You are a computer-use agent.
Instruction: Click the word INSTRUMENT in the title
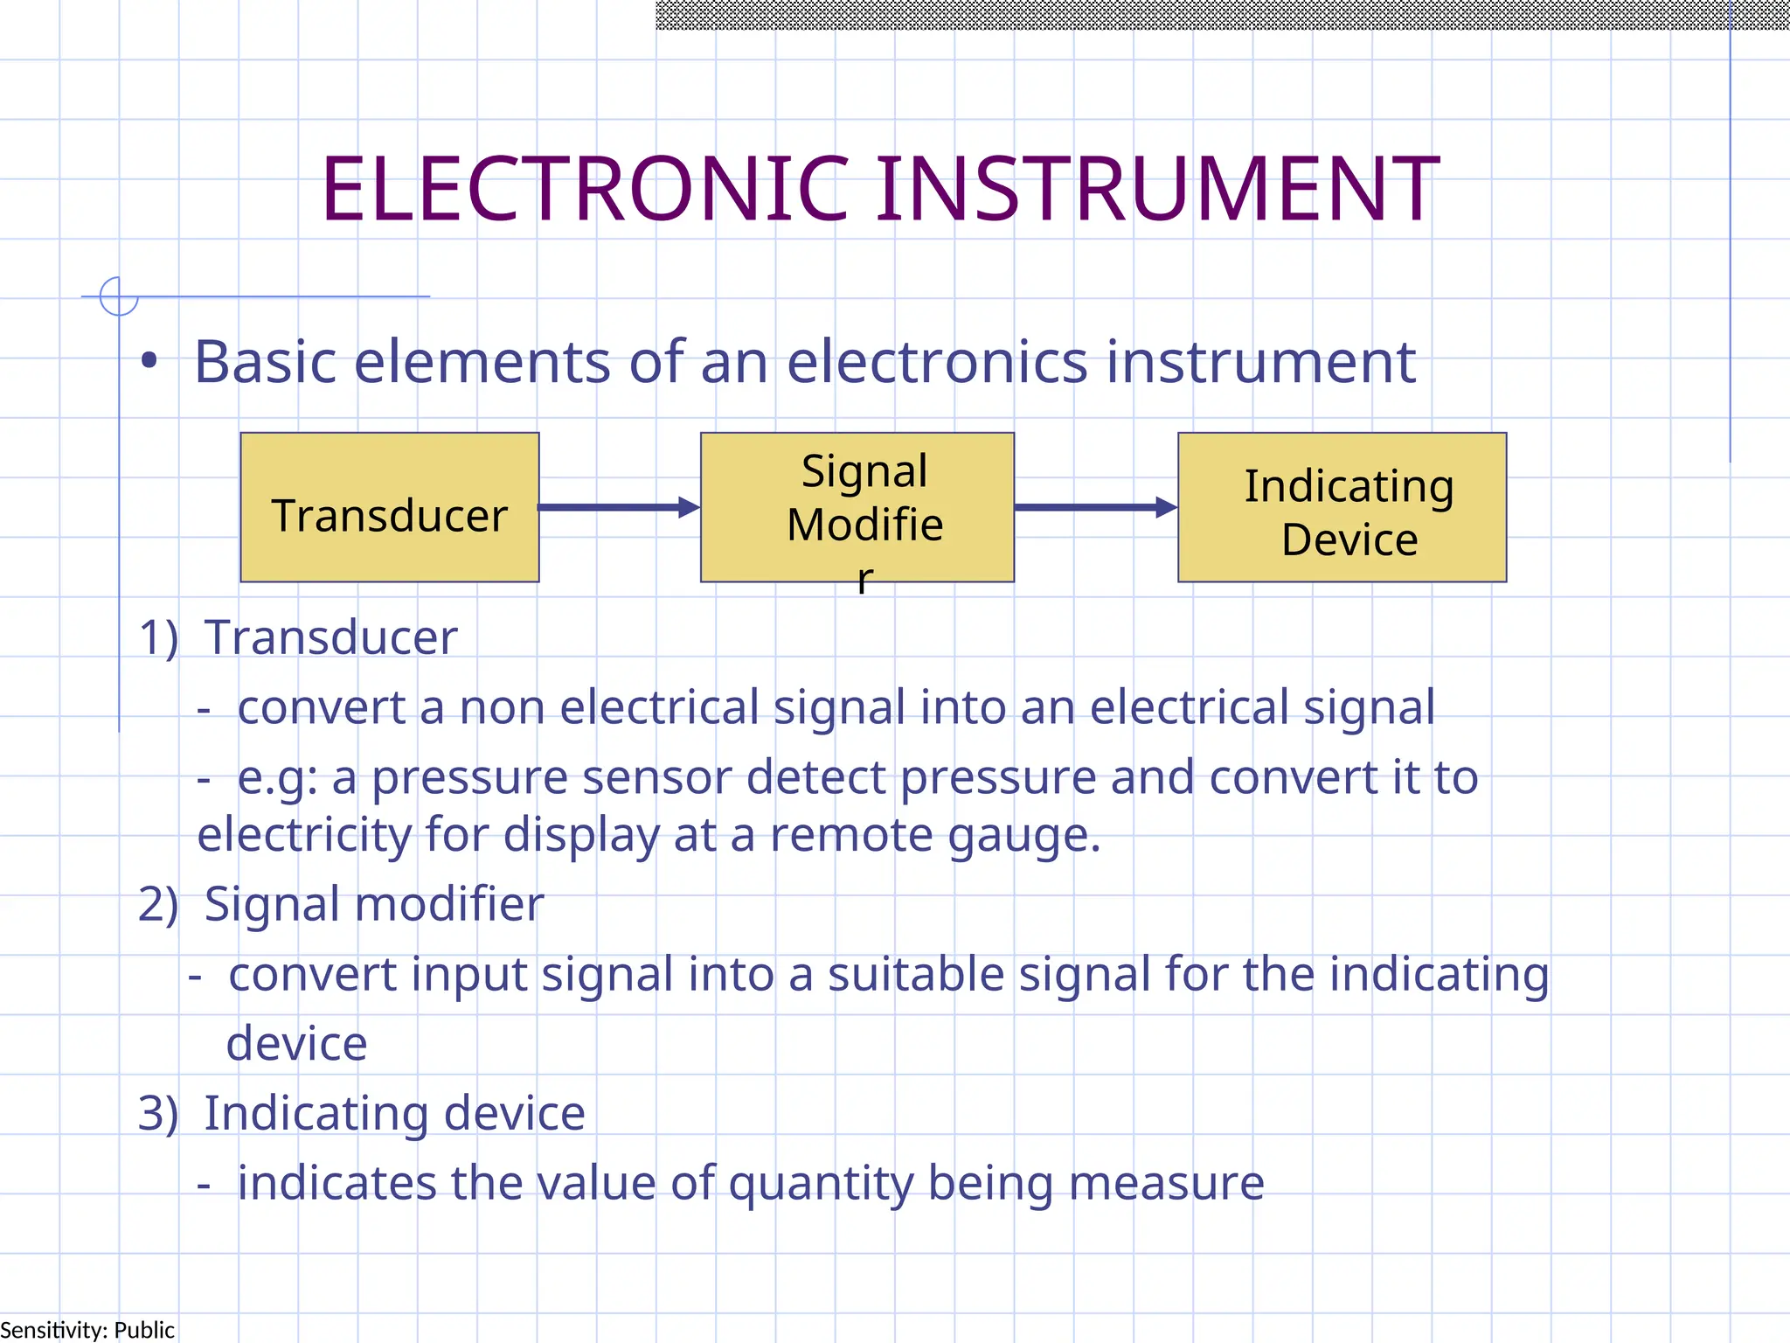click(x=1158, y=189)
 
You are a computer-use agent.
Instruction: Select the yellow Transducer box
click(x=390, y=508)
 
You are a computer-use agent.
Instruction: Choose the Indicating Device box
click(x=1342, y=508)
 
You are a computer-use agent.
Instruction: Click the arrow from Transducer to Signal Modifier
click(x=619, y=507)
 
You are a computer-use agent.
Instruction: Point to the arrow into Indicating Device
click(x=1095, y=507)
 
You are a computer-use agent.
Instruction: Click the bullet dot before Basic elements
click(x=149, y=361)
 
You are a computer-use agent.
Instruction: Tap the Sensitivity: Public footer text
click(x=87, y=1330)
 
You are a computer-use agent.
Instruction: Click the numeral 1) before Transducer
click(x=158, y=637)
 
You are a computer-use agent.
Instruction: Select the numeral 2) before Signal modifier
click(x=158, y=904)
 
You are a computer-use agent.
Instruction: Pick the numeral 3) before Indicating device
click(x=158, y=1114)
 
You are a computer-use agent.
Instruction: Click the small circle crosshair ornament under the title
click(x=119, y=296)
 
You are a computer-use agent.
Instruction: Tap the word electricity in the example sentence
click(x=304, y=835)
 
